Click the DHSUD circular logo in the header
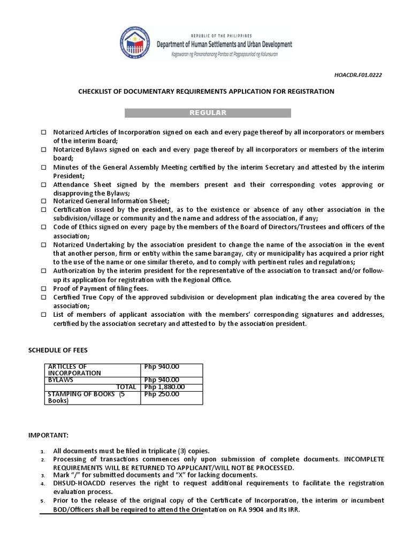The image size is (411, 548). pos(134,45)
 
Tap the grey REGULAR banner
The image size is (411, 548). pos(208,113)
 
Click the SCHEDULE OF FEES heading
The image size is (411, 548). pos(57,350)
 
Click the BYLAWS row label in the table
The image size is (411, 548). pos(60,380)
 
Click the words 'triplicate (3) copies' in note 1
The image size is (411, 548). pos(172,451)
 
